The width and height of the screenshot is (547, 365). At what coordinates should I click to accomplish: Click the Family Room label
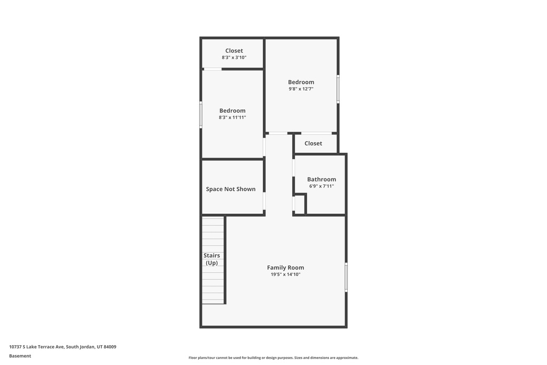(x=285, y=268)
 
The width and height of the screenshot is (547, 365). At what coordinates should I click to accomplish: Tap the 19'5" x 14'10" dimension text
(x=285, y=274)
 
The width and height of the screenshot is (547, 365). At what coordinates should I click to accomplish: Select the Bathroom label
(x=321, y=180)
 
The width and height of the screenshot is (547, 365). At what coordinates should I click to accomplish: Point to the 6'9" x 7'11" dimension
(x=321, y=186)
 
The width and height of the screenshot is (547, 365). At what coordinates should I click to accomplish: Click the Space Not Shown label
(x=231, y=189)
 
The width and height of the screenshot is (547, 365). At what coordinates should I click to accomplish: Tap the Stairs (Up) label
(x=212, y=259)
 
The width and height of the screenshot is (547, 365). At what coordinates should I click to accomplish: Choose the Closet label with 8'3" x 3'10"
(x=234, y=51)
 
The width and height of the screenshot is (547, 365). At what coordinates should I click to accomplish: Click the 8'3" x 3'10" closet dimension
(x=234, y=57)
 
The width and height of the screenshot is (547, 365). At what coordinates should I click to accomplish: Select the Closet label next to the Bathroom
(x=313, y=143)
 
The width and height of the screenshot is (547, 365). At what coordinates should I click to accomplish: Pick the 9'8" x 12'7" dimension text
(x=301, y=89)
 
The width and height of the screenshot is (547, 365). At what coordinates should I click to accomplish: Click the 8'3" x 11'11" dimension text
(x=232, y=117)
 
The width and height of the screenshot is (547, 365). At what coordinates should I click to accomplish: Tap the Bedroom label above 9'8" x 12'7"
(x=301, y=82)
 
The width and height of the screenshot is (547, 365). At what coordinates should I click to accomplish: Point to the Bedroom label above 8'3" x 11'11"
(x=232, y=111)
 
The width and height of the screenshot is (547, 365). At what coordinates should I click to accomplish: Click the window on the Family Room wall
(x=346, y=277)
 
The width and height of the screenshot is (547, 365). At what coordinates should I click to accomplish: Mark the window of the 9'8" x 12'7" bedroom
(x=338, y=89)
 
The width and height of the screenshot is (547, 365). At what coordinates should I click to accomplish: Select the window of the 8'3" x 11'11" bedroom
(x=201, y=114)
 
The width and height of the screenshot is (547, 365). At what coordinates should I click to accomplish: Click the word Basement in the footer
(x=20, y=356)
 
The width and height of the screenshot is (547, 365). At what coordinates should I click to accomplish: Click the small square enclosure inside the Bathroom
(x=300, y=204)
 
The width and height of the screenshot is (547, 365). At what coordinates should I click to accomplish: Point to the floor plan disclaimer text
(x=273, y=358)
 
